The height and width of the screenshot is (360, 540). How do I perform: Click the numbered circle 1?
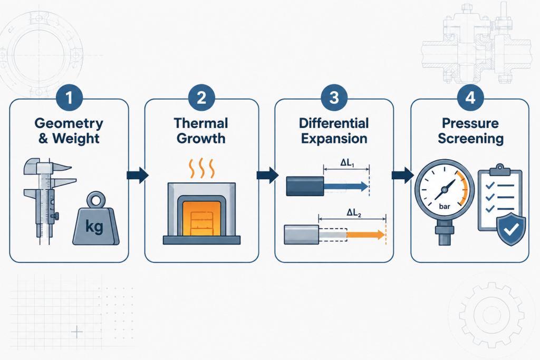69,98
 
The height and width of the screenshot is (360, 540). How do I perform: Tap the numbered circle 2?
201,98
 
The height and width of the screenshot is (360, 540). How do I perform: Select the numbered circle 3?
334,98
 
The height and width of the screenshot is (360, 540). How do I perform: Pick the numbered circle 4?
470,98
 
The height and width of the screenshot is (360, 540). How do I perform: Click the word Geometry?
69,123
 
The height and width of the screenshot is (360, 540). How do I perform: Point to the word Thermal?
201,123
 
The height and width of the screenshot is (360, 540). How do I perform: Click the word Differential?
334,123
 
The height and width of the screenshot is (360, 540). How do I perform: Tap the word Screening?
470,139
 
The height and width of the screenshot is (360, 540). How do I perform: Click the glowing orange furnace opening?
201,218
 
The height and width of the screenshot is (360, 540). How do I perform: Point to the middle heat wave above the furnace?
201,168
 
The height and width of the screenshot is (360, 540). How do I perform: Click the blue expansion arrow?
346,187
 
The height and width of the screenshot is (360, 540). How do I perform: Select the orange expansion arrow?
365,235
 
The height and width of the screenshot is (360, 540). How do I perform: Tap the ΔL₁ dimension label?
347,163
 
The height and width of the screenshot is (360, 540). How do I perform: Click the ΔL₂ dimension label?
354,213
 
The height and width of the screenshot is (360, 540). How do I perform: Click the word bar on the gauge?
445,207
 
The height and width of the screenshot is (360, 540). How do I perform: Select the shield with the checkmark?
511,229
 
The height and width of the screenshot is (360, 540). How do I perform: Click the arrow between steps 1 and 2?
138,175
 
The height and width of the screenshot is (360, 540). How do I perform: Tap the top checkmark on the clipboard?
490,186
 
